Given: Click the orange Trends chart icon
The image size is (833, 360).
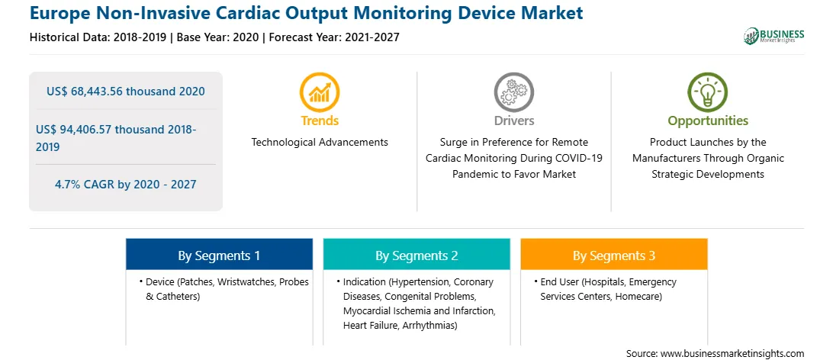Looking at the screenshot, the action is click(x=320, y=92).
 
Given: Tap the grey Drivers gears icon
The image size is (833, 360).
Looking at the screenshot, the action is click(x=513, y=92).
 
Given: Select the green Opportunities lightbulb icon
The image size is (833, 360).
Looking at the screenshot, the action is click(x=708, y=92).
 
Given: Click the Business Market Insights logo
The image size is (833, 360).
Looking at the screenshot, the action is click(x=773, y=36).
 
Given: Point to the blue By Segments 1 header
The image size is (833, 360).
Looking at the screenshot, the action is click(x=219, y=256).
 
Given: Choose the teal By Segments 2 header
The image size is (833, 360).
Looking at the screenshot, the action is click(x=416, y=256).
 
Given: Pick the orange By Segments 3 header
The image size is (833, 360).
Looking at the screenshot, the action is click(x=613, y=256).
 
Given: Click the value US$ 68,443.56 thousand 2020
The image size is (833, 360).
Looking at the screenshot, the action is click(x=125, y=92).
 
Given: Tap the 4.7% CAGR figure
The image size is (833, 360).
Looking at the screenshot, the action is click(x=125, y=185).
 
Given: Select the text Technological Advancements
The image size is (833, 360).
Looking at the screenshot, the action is click(x=320, y=143).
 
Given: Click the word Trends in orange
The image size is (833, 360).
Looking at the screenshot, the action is click(x=320, y=121).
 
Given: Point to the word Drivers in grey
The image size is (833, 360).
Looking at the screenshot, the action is click(x=514, y=121).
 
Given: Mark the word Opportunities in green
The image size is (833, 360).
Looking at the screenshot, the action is click(x=708, y=121).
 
